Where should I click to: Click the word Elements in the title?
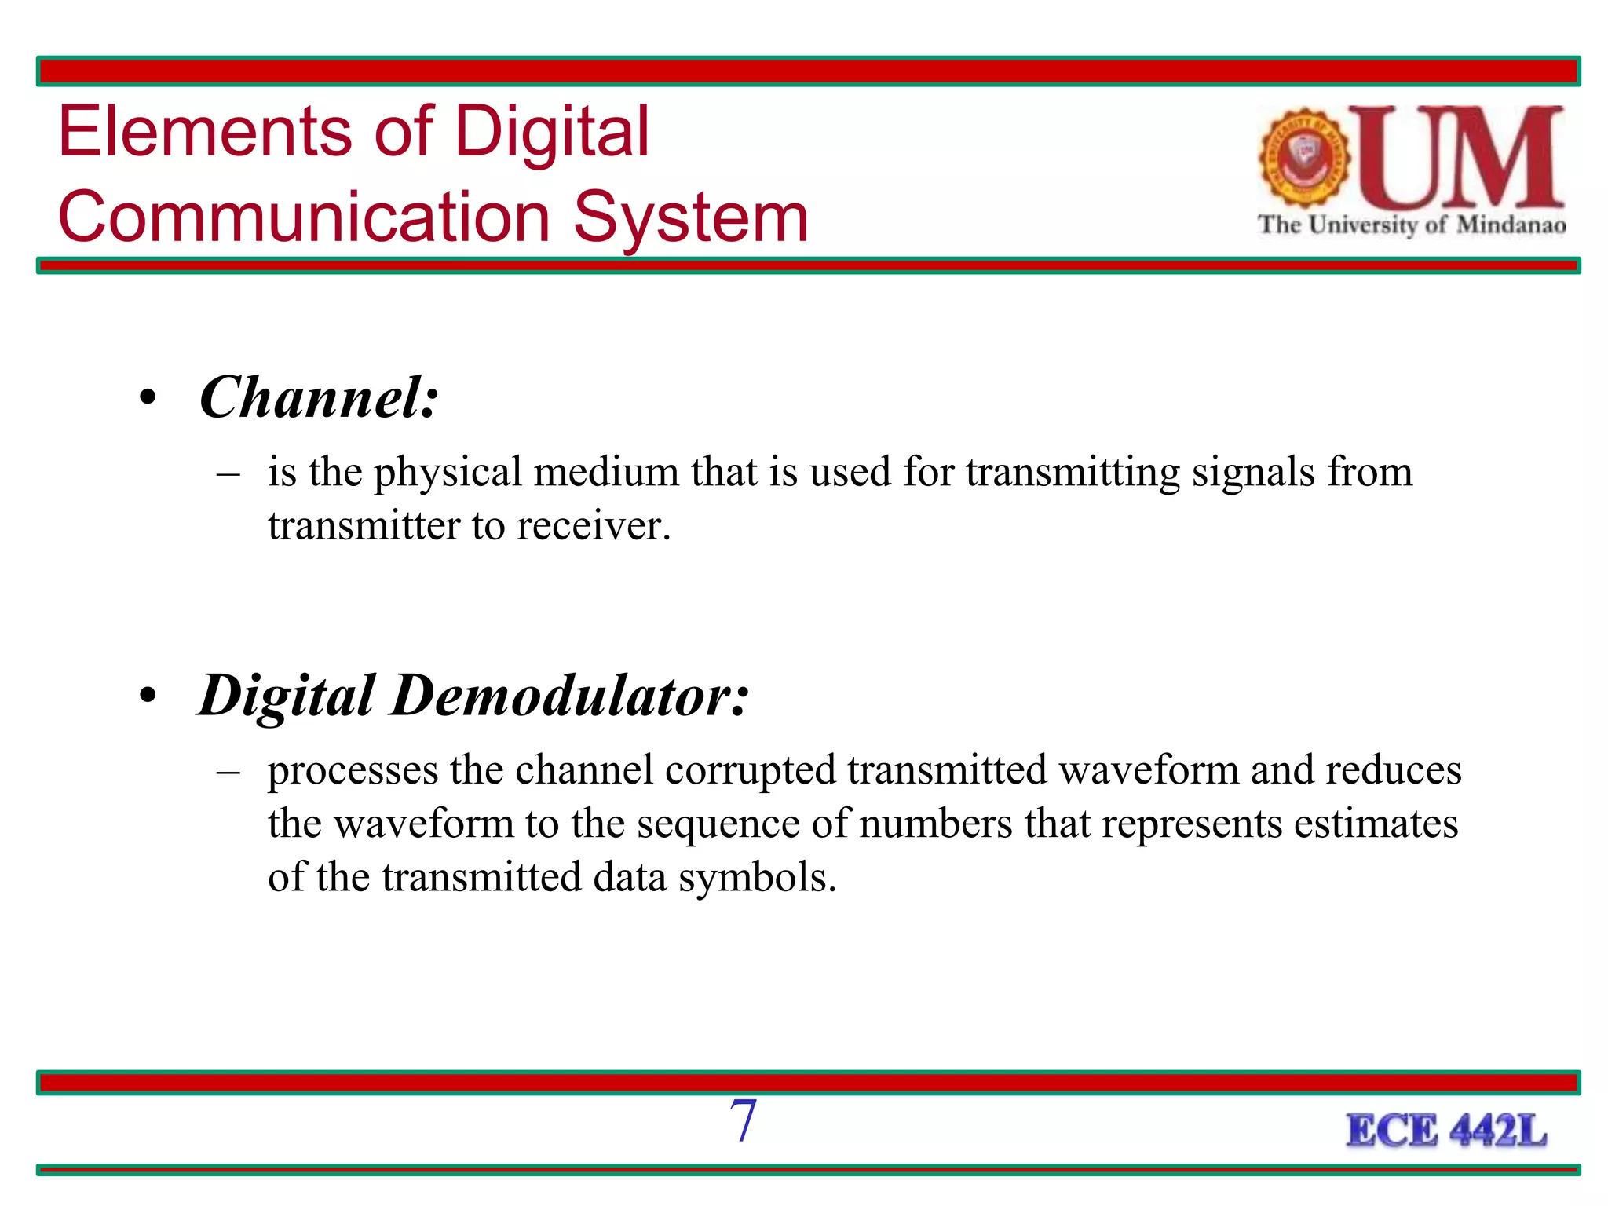pos(206,132)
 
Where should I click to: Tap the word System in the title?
pos(691,217)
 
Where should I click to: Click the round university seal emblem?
pos(1304,158)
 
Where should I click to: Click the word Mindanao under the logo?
pos(1511,225)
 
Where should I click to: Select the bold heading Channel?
pos(319,398)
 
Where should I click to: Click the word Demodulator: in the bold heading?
pos(569,696)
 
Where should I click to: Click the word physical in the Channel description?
pos(448,473)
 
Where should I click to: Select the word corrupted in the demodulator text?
pos(750,770)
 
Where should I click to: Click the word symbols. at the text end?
pos(757,878)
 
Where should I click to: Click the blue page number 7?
pos(743,1120)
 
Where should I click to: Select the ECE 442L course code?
pos(1446,1131)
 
